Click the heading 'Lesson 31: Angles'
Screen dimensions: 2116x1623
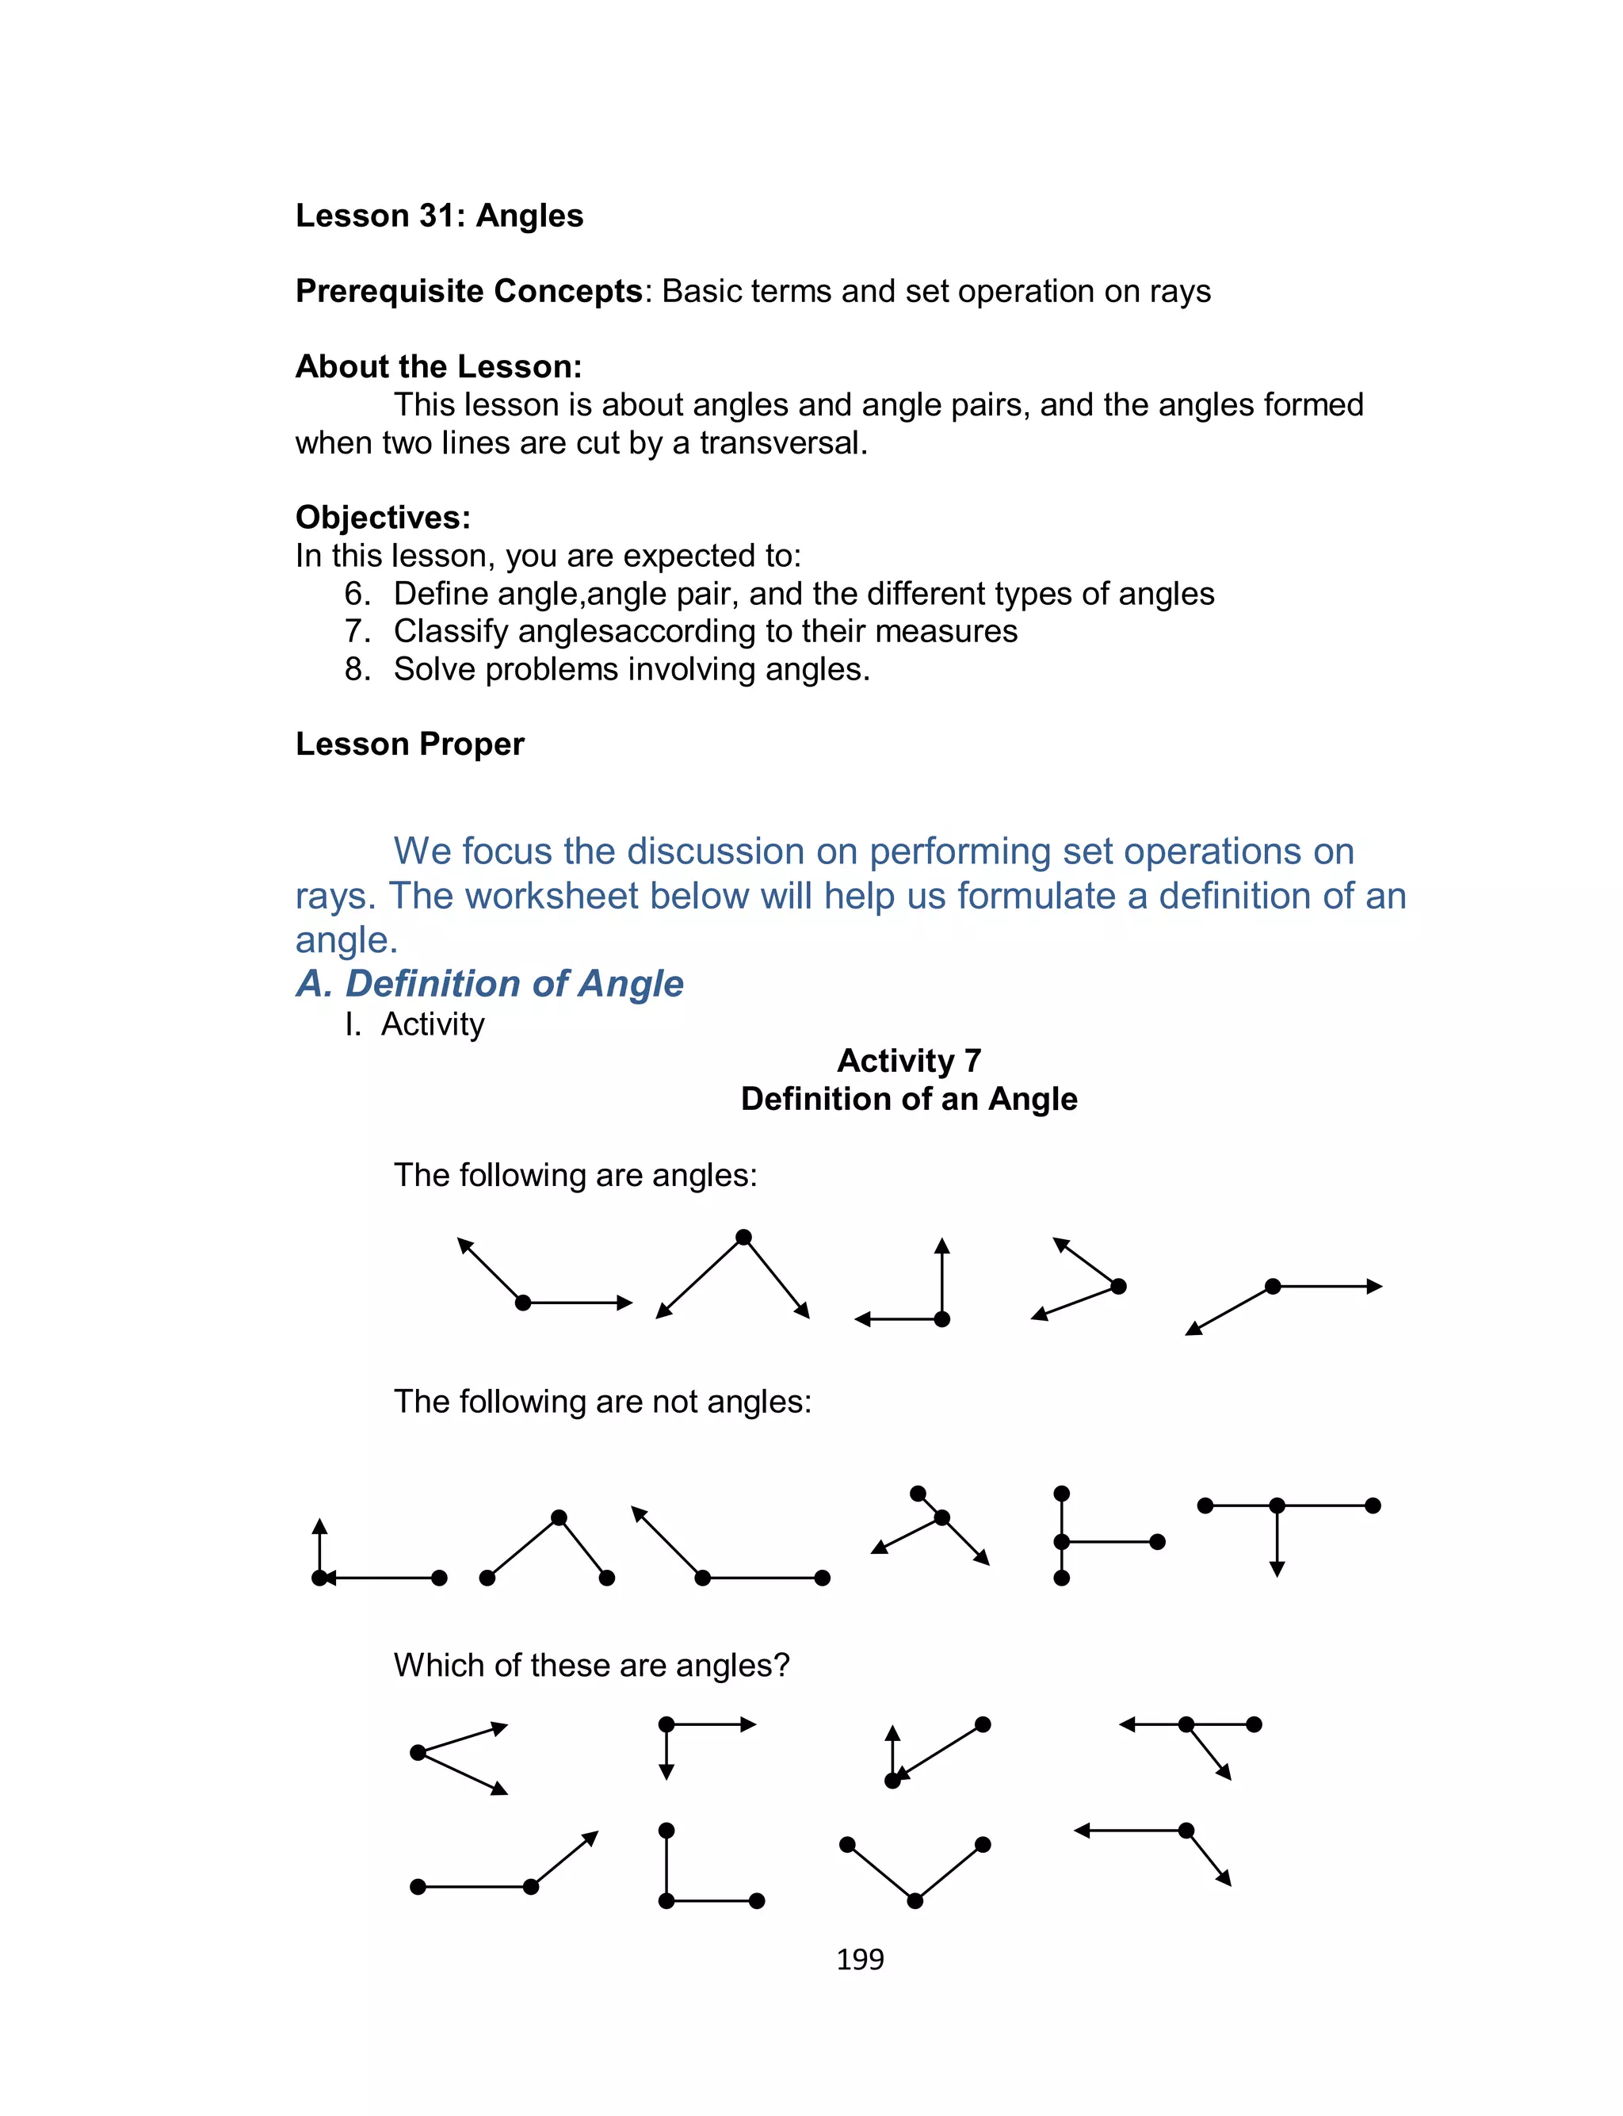[x=440, y=216]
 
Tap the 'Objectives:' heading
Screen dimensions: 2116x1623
[x=383, y=518]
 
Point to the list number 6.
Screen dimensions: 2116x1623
[x=357, y=593]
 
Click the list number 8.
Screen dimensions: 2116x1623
[x=357, y=668]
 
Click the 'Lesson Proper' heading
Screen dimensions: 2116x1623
[x=410, y=744]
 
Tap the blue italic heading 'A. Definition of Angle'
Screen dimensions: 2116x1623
[x=490, y=984]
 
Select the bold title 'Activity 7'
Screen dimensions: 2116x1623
[x=909, y=1061]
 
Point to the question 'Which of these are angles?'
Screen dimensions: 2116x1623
[x=591, y=1665]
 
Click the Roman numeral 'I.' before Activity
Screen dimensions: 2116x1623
[x=353, y=1024]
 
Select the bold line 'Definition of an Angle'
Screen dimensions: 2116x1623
[x=909, y=1100]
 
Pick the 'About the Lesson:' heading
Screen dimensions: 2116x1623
[x=438, y=367]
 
